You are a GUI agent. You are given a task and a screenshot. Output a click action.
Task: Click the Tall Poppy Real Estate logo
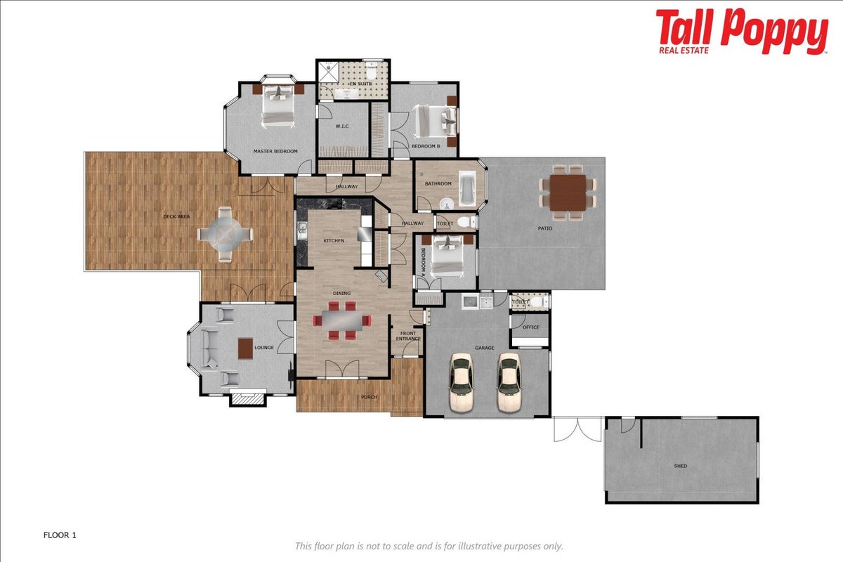(741, 32)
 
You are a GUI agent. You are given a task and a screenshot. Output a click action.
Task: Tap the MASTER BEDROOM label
(275, 151)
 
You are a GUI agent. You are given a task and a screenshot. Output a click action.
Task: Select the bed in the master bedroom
(277, 106)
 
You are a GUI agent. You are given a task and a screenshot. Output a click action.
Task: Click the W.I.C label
(342, 126)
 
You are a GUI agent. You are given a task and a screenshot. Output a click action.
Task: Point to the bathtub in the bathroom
(467, 188)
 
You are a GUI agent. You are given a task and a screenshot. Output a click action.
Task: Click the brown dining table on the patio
(568, 192)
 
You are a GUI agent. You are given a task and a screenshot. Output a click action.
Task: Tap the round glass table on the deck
(225, 235)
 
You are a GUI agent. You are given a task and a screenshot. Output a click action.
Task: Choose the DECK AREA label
(176, 216)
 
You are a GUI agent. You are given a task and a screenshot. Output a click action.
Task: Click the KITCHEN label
(334, 240)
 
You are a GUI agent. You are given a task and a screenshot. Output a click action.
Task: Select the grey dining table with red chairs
(341, 320)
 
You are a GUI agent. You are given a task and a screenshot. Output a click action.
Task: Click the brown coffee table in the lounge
(245, 348)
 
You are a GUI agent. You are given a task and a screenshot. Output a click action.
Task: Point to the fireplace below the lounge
(247, 399)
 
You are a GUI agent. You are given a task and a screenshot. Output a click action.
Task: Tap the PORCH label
(369, 397)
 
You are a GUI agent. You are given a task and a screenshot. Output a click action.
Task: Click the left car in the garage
(462, 382)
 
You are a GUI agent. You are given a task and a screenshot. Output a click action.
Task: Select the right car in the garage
(509, 382)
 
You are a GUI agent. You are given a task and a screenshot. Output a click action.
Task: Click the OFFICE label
(530, 327)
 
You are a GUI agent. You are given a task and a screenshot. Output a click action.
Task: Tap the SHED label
(681, 466)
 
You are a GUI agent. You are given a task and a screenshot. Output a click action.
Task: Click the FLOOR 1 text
(60, 535)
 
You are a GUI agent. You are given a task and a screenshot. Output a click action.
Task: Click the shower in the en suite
(329, 72)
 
